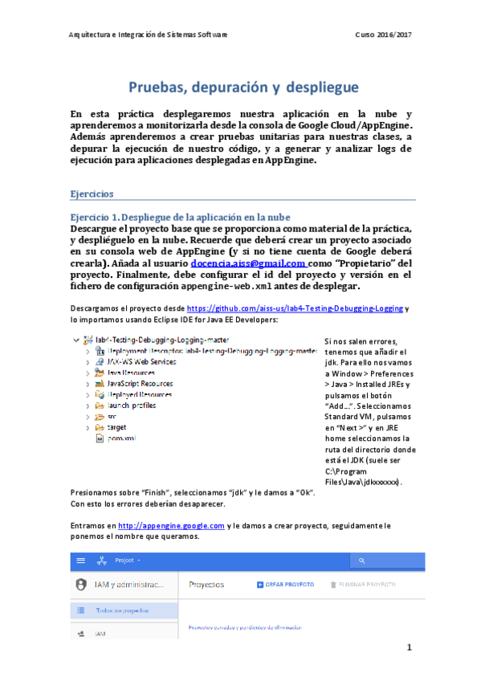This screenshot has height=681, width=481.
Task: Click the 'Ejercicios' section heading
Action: pos(92,194)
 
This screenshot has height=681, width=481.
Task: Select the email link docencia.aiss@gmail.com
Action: pos(247,263)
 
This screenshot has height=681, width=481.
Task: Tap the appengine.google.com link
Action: pos(171,525)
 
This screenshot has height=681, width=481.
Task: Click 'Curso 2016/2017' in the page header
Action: pos(382,35)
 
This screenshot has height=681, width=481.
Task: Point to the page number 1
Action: pos(409,647)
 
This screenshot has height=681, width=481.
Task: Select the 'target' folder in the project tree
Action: pos(116,428)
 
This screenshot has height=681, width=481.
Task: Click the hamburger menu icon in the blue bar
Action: pos(80,560)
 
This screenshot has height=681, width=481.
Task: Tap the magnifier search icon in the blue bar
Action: pos(363,560)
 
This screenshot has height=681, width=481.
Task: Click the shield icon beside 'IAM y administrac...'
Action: pos(80,585)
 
